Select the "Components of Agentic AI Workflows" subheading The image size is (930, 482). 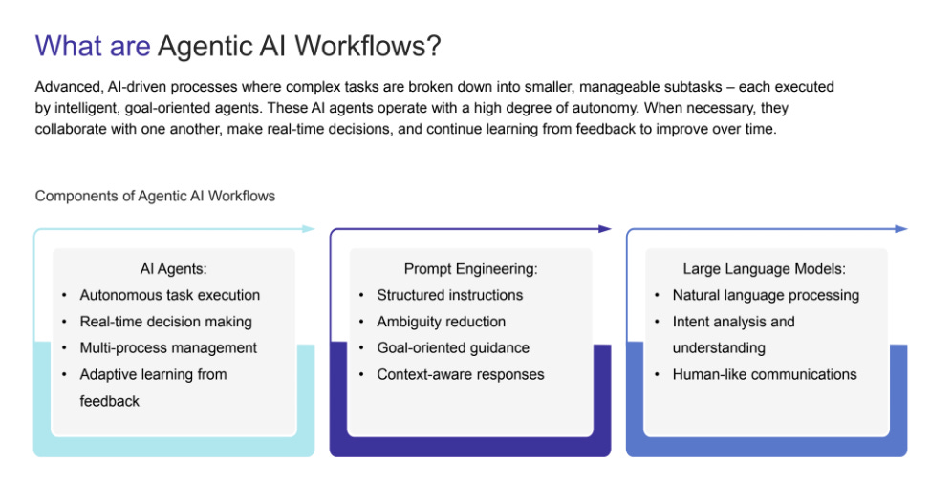[155, 196]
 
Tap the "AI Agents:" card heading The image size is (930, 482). [173, 269]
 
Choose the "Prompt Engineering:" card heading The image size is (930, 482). [470, 269]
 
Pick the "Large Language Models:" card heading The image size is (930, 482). [765, 269]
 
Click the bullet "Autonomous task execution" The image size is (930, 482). [169, 295]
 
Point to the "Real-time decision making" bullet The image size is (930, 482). [165, 322]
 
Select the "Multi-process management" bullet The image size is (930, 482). [168, 347]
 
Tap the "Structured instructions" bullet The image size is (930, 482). [449, 295]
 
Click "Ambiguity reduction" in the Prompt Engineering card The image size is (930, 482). [441, 322]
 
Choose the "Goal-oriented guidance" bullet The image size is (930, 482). [452, 347]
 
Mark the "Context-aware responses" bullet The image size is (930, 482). [460, 374]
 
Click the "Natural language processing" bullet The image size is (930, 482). [766, 295]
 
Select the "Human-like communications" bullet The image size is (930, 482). [765, 374]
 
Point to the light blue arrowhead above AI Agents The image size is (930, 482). [308, 229]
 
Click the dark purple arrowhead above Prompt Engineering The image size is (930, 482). [604, 229]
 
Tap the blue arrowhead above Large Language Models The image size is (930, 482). [901, 229]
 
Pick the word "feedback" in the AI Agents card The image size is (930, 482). [109, 401]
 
